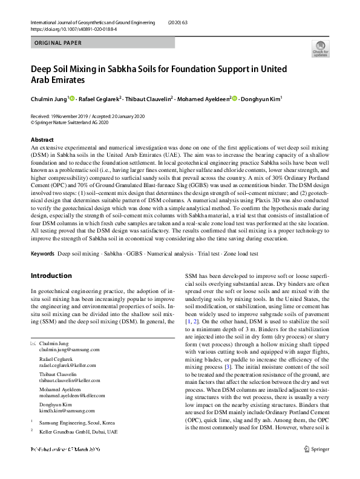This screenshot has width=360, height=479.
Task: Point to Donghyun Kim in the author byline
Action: pos(263,98)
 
